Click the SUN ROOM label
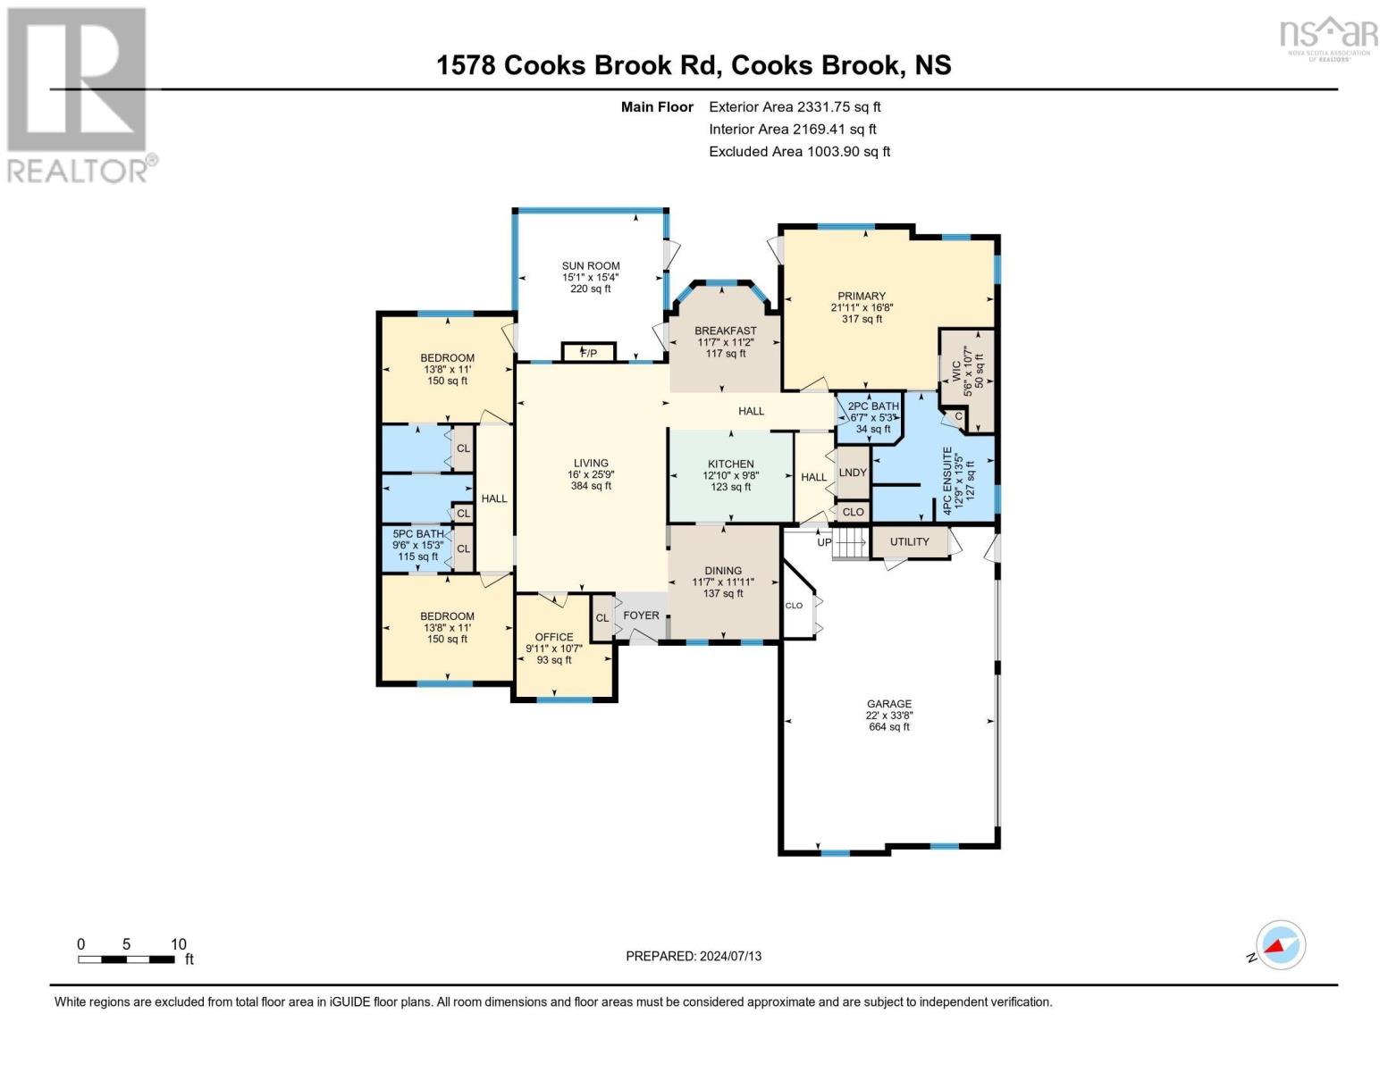pyautogui.click(x=590, y=266)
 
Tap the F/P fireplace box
pyautogui.click(x=588, y=353)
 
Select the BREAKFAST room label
pyautogui.click(x=726, y=331)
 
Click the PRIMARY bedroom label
pyautogui.click(x=862, y=296)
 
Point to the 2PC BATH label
pyautogui.click(x=872, y=406)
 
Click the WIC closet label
pyautogui.click(x=955, y=371)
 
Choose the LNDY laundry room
pyautogui.click(x=853, y=473)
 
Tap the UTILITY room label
pyautogui.click(x=909, y=542)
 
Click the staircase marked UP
pyautogui.click(x=849, y=542)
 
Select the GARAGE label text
pyautogui.click(x=888, y=704)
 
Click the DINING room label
pyautogui.click(x=722, y=571)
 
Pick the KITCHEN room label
pyautogui.click(x=730, y=465)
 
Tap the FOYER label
pyautogui.click(x=641, y=616)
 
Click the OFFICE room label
pyautogui.click(x=554, y=637)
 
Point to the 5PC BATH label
pyautogui.click(x=417, y=534)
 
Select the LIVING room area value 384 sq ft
pyautogui.click(x=591, y=487)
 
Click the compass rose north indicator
pyautogui.click(x=1280, y=945)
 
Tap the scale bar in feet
pyautogui.click(x=126, y=959)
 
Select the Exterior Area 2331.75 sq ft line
pyautogui.click(x=795, y=106)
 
